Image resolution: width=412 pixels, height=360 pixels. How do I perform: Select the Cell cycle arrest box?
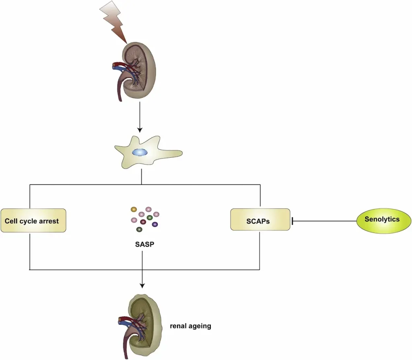33,220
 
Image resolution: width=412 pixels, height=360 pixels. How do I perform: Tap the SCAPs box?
260,220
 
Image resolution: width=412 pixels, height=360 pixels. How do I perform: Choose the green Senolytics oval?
381,220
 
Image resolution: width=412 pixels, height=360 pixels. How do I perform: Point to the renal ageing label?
190,326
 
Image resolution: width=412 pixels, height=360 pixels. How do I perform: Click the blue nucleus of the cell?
140,153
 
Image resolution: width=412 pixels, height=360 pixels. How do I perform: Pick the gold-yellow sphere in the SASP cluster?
134,209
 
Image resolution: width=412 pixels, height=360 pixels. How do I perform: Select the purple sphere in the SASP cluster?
155,224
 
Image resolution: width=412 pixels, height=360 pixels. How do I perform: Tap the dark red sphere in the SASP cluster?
143,222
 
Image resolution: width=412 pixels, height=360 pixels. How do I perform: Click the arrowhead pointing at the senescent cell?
140,130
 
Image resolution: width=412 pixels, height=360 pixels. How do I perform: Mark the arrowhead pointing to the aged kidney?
142,285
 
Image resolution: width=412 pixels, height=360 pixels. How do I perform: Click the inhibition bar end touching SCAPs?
293,220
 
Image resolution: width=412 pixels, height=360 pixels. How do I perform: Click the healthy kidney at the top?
139,70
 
